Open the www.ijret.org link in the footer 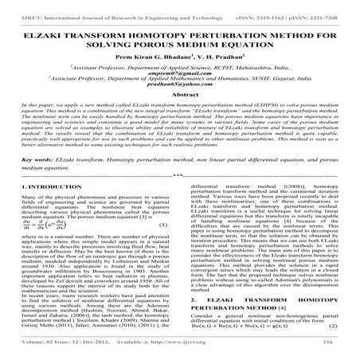tap(217, 355)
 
